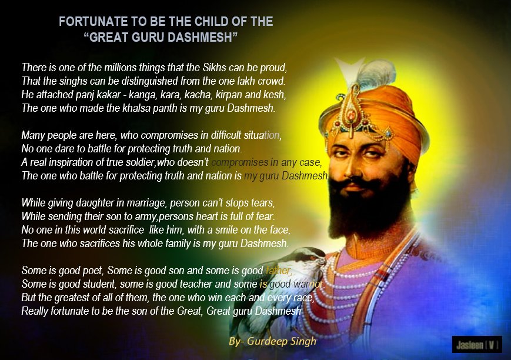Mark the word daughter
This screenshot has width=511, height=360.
coord(92,204)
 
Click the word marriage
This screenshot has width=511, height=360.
coord(144,204)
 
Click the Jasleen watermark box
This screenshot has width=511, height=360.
coord(476,344)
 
